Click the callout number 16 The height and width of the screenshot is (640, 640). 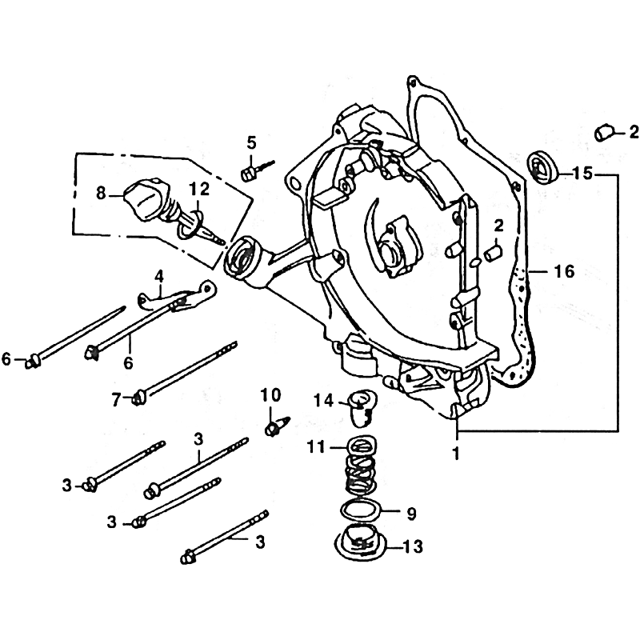tap(564, 271)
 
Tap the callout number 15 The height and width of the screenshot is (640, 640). tap(582, 174)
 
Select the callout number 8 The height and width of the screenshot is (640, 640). tap(102, 193)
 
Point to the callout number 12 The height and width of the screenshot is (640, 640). tap(199, 189)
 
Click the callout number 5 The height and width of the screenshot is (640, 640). tap(251, 143)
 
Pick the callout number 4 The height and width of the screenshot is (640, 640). tap(158, 276)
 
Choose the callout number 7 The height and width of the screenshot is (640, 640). tap(116, 399)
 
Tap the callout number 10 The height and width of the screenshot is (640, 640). tap(271, 395)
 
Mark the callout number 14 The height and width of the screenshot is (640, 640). tap(324, 402)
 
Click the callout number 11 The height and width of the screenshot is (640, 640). tap(317, 447)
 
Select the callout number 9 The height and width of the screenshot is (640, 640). tap(411, 514)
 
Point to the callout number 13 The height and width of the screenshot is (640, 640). tap(413, 546)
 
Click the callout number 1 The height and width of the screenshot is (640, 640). tap(456, 453)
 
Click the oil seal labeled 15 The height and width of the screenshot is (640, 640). tap(544, 168)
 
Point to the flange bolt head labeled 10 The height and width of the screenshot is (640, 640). tap(270, 429)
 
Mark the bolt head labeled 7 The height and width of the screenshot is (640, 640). tap(138, 398)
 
